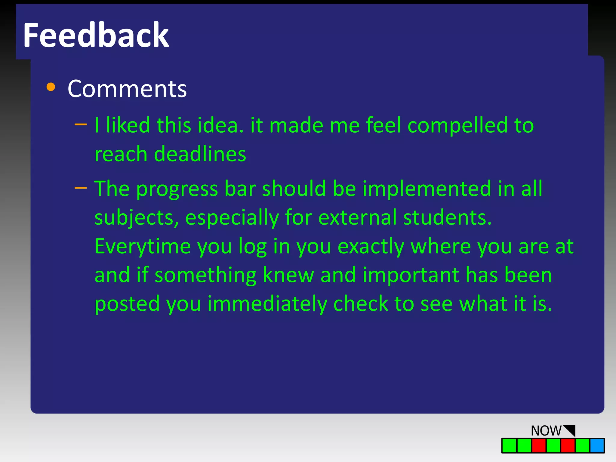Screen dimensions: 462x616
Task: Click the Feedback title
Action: click(96, 35)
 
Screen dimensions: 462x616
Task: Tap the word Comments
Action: click(127, 89)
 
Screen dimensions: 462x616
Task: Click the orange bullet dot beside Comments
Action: click(51, 87)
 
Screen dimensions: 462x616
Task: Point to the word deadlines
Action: click(200, 154)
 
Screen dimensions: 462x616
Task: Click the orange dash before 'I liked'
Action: click(81, 124)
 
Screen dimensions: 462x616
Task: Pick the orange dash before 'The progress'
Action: click(81, 188)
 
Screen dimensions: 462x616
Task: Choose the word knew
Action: click(288, 275)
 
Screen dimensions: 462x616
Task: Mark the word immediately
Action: click(267, 304)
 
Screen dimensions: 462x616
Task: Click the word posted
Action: click(127, 304)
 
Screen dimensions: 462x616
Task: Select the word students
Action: click(447, 217)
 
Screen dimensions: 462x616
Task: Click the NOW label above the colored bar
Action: click(546, 431)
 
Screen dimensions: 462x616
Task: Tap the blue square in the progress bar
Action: click(597, 445)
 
